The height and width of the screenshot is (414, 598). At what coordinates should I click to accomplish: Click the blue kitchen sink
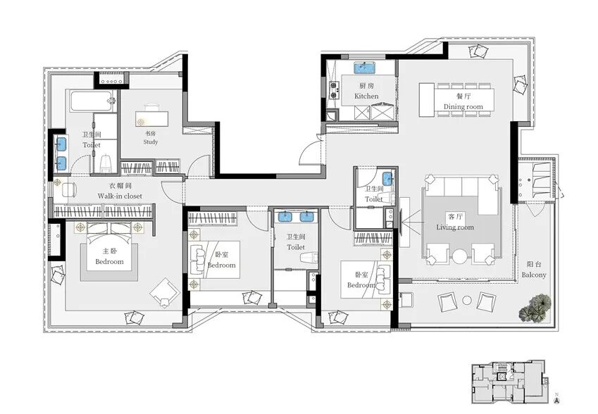pos(365,68)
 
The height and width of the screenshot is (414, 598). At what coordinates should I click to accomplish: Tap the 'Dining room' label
pos(463,107)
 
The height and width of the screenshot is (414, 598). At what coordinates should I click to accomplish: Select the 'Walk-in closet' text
pos(120,196)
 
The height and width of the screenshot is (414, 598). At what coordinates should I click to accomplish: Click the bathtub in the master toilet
pos(93,101)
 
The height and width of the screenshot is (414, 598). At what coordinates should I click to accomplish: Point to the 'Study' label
pos(151,142)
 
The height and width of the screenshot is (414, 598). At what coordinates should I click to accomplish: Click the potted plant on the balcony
pos(536,307)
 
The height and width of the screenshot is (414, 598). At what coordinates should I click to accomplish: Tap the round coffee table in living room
pos(460,256)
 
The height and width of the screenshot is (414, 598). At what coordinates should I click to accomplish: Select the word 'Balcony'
pos(534,275)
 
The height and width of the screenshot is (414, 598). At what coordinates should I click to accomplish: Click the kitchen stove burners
pos(334,90)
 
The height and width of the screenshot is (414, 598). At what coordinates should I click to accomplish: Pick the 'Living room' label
pos(455,227)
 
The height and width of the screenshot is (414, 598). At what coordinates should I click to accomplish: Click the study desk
pos(151,118)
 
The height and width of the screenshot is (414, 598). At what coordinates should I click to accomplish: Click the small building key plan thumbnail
pos(510,381)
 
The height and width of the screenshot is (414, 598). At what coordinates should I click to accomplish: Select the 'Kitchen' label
pos(366,96)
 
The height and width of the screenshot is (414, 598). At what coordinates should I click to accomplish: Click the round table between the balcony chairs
pos(467,301)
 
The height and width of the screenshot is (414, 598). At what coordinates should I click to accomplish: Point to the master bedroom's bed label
pos(109,261)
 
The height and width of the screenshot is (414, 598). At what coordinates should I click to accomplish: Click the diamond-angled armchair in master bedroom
pos(165,292)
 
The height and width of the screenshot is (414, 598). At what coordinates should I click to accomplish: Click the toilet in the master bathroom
pos(106,163)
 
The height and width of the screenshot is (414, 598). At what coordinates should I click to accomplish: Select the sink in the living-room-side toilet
pos(387,178)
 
